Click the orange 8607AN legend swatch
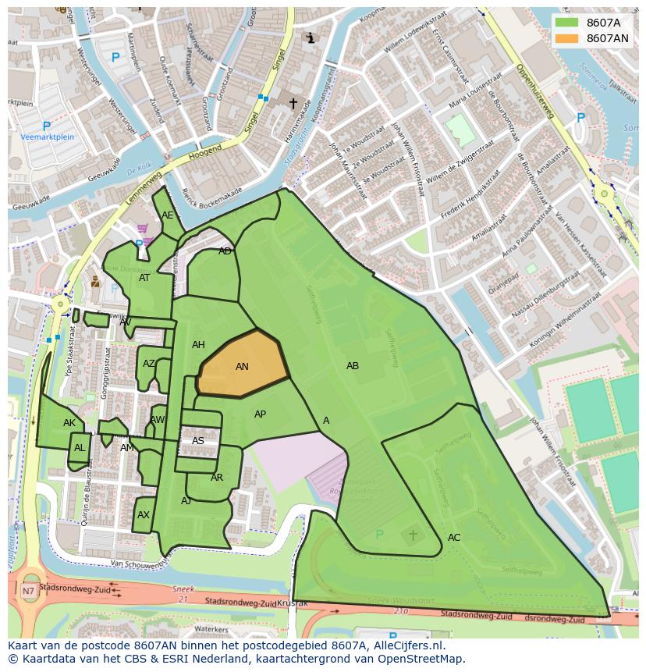[x=567, y=38]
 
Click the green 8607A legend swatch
[x=567, y=23]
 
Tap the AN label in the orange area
[x=242, y=367]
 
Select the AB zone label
[x=353, y=366]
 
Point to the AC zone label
[x=454, y=538]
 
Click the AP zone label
[x=261, y=414]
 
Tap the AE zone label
[x=168, y=215]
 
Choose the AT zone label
[x=144, y=278]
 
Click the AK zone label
[x=69, y=423]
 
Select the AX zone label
[x=144, y=515]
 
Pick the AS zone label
[x=198, y=441]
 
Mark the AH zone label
[x=198, y=345]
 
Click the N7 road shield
[x=28, y=591]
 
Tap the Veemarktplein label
[x=47, y=137]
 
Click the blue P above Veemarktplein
[x=46, y=125]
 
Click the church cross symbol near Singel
[x=293, y=103]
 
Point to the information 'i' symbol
[x=311, y=37]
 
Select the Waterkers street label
[x=211, y=628]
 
